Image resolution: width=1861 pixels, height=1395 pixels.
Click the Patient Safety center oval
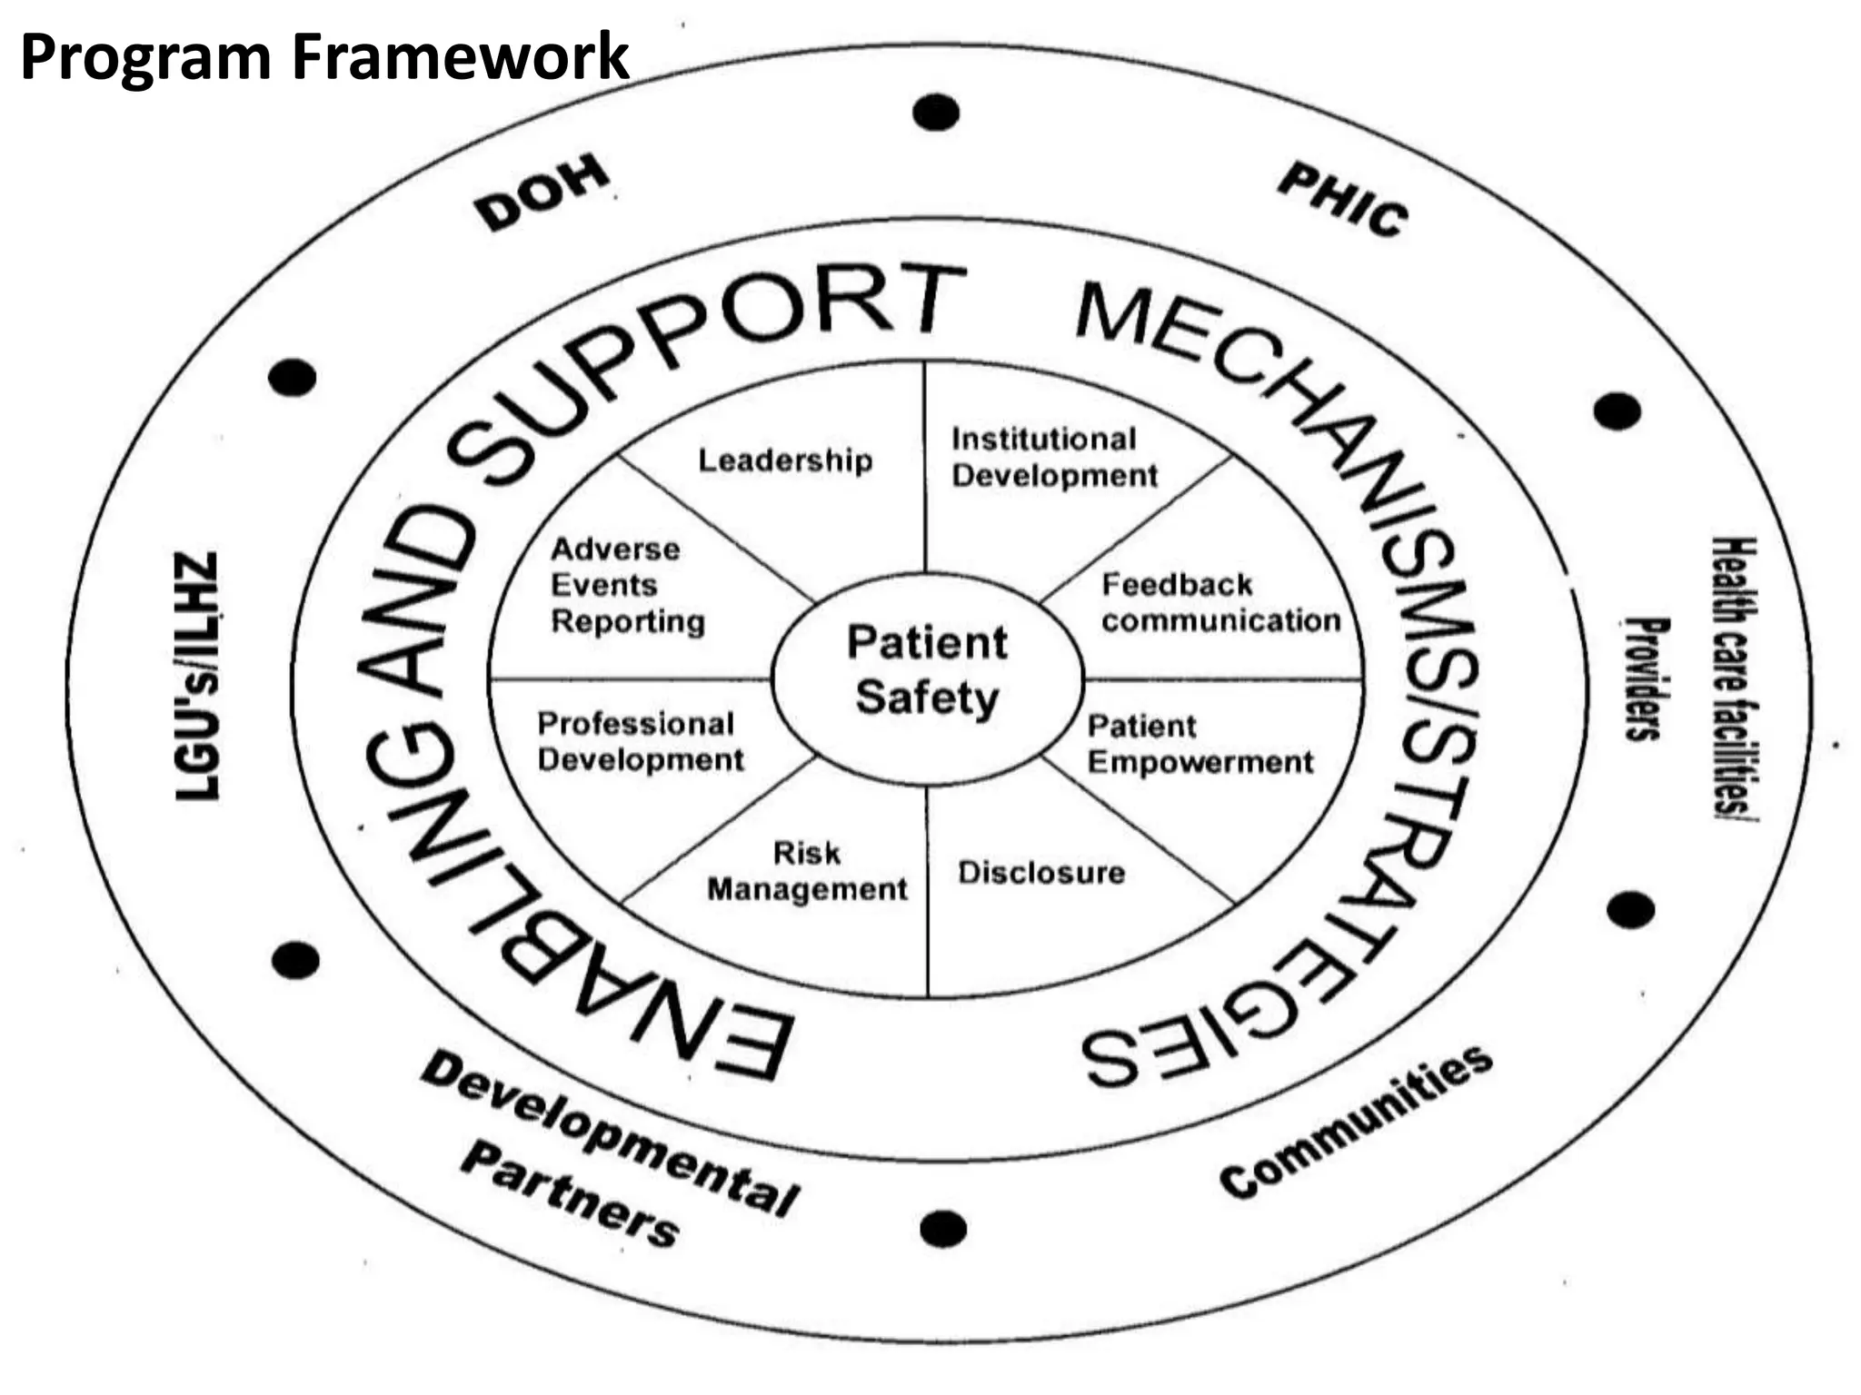click(927, 672)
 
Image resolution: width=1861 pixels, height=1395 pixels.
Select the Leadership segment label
click(785, 460)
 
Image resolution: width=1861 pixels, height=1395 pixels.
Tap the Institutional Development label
click(1054, 458)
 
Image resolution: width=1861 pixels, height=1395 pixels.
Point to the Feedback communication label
click(1220, 603)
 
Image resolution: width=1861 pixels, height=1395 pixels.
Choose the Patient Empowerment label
click(1199, 745)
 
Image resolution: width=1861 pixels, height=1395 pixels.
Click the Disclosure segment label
click(1041, 873)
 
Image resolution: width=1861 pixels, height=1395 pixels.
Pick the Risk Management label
click(807, 872)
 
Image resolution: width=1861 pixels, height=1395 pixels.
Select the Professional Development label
click(640, 742)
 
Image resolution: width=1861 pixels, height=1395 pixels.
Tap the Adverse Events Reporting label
click(627, 586)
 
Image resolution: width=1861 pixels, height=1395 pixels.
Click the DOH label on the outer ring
click(543, 193)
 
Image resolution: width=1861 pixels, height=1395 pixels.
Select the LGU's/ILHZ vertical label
click(197, 677)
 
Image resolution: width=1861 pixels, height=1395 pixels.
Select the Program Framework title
click(323, 56)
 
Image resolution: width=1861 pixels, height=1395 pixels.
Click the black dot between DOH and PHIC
click(936, 113)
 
